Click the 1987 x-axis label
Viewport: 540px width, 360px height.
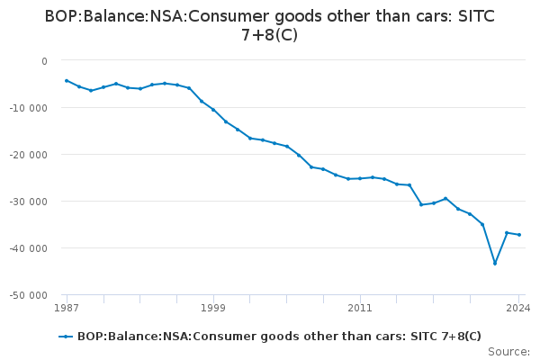pyautogui.click(x=66, y=308)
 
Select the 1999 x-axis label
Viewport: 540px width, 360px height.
pyautogui.click(x=213, y=308)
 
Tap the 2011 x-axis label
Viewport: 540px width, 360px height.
pyautogui.click(x=360, y=308)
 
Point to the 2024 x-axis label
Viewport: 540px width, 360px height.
pyautogui.click(x=518, y=308)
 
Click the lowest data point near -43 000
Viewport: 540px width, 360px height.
pyautogui.click(x=495, y=264)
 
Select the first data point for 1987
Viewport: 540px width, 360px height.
pyautogui.click(x=67, y=80)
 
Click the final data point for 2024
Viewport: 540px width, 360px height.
pyautogui.click(x=519, y=235)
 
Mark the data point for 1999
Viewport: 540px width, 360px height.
pyautogui.click(x=213, y=110)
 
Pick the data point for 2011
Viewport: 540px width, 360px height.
pyautogui.click(x=360, y=178)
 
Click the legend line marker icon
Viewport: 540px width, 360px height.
pyautogui.click(x=66, y=337)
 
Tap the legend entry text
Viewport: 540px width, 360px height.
pyautogui.click(x=279, y=337)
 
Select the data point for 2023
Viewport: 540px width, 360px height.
pyautogui.click(x=507, y=232)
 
